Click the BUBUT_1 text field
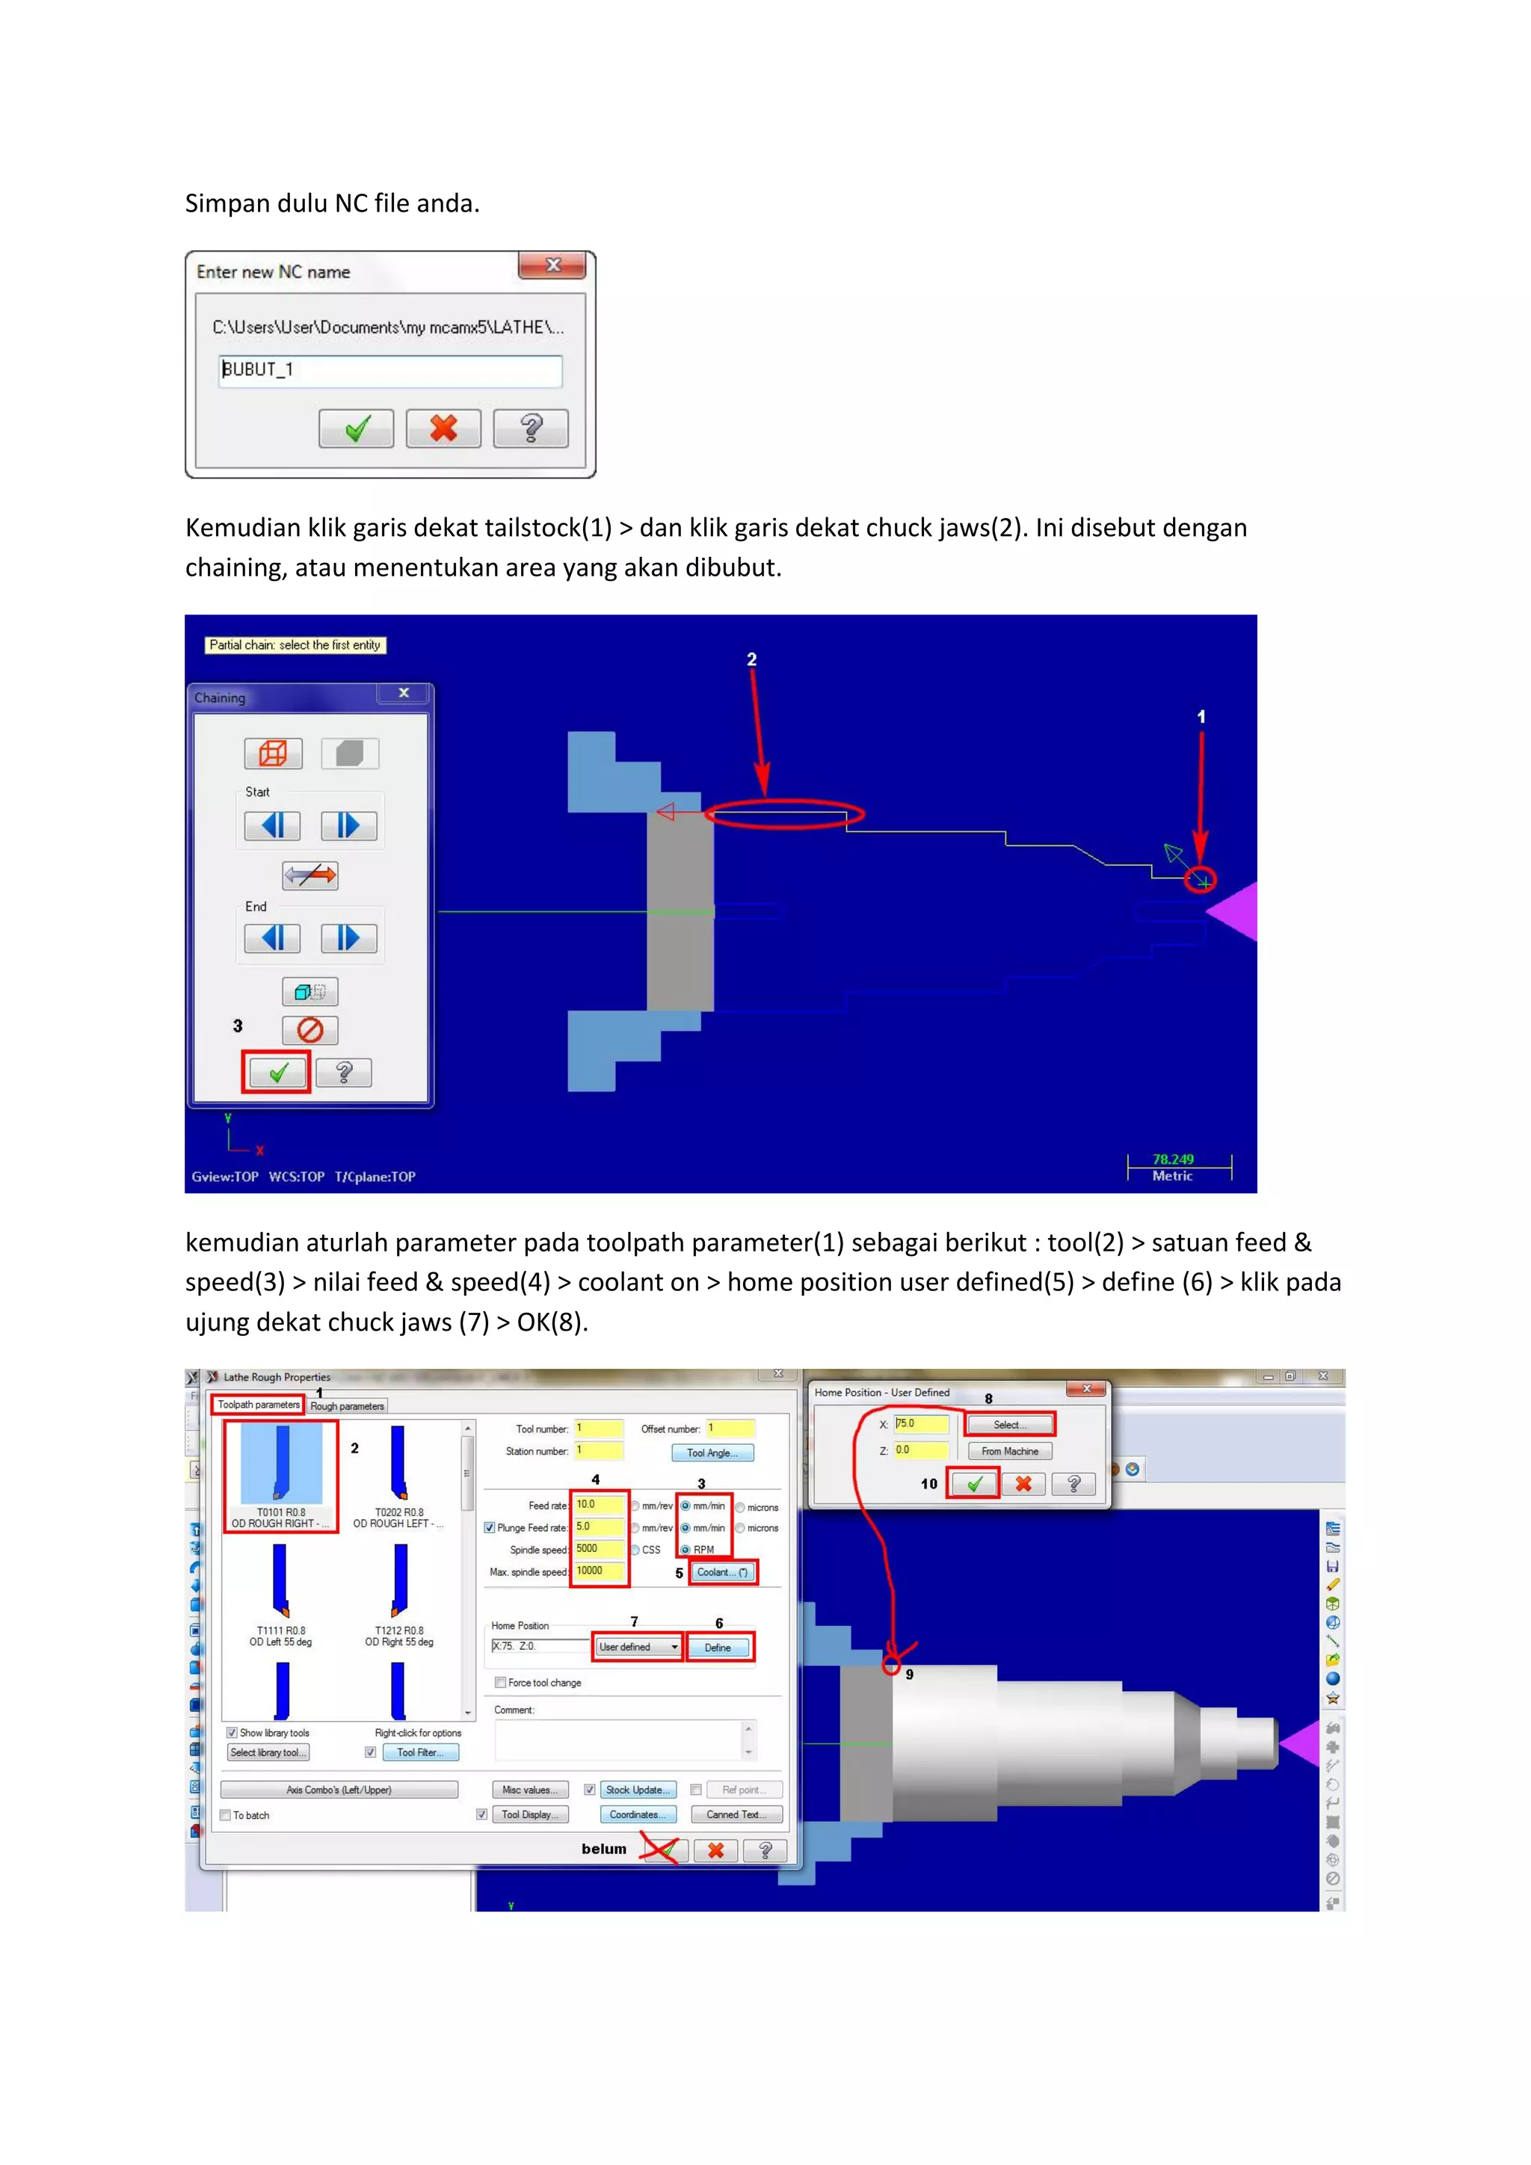coord(389,369)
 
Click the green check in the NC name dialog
coord(357,429)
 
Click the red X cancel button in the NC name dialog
coord(443,429)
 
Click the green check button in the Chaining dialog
coord(276,1072)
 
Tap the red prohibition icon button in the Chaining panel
coord(310,1029)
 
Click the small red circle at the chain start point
coord(1201,880)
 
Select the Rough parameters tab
coord(347,1406)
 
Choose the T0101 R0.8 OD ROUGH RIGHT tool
coord(281,1476)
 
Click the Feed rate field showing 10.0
coord(599,1505)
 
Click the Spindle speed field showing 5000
coord(599,1548)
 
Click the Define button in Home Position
coord(718,1648)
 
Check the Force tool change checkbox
coord(501,1682)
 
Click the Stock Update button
coord(637,1790)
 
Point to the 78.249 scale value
coord(1173,1159)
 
